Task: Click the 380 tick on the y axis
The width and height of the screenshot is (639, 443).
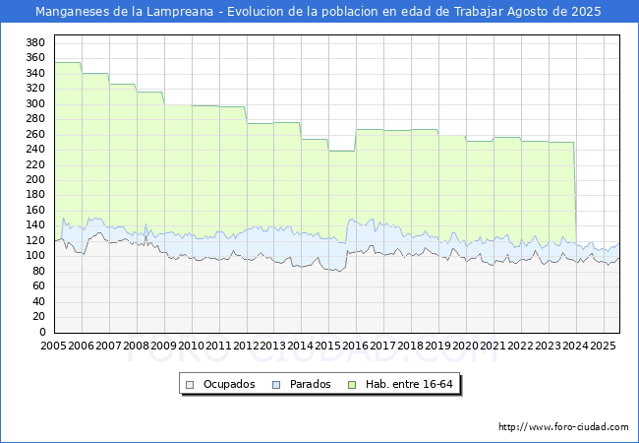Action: [35, 42]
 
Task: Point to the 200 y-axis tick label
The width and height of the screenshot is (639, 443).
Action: [35, 179]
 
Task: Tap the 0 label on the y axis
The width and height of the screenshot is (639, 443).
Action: [42, 332]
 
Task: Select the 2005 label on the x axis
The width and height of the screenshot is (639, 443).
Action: [53, 346]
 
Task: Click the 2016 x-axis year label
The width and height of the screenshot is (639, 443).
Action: [355, 346]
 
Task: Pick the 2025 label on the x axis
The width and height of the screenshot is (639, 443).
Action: [603, 346]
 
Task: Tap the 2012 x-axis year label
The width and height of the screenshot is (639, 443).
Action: [246, 346]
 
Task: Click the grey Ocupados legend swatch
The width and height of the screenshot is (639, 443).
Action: [190, 385]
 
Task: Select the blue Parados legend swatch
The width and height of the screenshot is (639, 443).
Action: [276, 385]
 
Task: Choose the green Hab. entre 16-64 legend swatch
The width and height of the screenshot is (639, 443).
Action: [352, 385]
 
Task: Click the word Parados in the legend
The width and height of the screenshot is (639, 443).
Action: [310, 384]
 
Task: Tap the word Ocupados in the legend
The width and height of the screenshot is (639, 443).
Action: [229, 384]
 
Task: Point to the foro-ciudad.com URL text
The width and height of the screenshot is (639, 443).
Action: [563, 427]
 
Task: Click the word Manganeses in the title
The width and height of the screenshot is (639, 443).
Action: [73, 12]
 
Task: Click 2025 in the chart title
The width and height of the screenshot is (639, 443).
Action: [586, 12]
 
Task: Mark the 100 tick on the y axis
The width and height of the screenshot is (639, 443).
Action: [35, 256]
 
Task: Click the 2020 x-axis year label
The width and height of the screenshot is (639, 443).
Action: [465, 346]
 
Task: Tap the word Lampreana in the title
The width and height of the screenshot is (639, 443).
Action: [180, 12]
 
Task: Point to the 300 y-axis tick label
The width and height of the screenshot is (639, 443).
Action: [35, 103]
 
